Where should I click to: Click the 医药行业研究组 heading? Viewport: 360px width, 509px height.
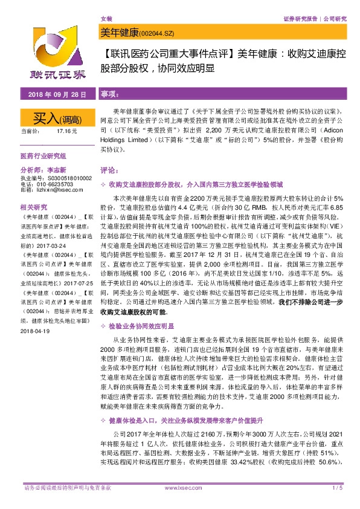pyautogui.click(x=43, y=155)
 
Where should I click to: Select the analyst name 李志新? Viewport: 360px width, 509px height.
pyautogui.click(x=55, y=171)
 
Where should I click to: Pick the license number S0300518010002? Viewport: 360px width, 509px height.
pyautogui.click(x=65, y=178)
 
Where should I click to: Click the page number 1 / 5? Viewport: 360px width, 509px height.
pyautogui.click(x=337, y=504)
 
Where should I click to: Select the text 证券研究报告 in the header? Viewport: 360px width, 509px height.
pyautogui.click(x=300, y=19)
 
